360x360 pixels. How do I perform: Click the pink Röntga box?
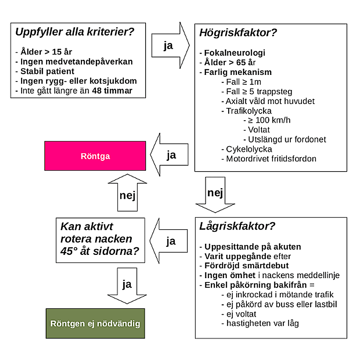point(95,156)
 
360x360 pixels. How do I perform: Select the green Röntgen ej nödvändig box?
point(95,323)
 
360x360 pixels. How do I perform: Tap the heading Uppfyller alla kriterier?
point(75,32)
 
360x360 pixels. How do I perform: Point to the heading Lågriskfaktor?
point(237,226)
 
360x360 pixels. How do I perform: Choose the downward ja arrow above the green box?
point(127,284)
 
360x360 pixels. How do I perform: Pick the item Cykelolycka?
point(249,149)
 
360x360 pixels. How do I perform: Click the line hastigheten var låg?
point(262,323)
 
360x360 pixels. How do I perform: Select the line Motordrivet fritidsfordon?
point(271,159)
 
